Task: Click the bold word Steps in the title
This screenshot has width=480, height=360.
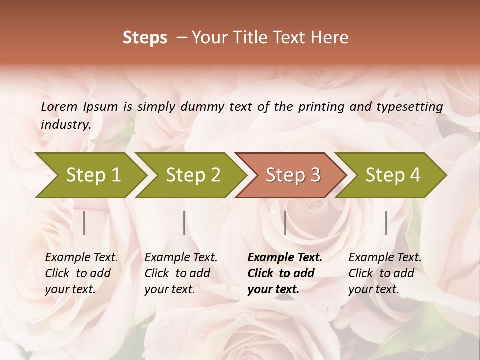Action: click(x=145, y=38)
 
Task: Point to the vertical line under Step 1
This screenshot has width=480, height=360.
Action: click(x=84, y=223)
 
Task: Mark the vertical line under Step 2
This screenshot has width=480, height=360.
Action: click(x=184, y=223)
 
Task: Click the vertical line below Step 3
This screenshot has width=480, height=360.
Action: click(x=285, y=223)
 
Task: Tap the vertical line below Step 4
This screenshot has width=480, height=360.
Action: click(x=386, y=223)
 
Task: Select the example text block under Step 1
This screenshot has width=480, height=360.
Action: click(x=81, y=273)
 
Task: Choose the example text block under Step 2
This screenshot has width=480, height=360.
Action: click(x=181, y=273)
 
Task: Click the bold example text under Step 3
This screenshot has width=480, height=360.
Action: click(x=285, y=273)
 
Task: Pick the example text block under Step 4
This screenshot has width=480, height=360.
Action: click(x=385, y=273)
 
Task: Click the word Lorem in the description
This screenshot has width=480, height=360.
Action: click(x=59, y=106)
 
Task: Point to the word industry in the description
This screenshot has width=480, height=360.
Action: click(x=65, y=124)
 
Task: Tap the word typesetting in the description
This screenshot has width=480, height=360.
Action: click(x=409, y=106)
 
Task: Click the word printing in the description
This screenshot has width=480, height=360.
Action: click(x=318, y=106)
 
